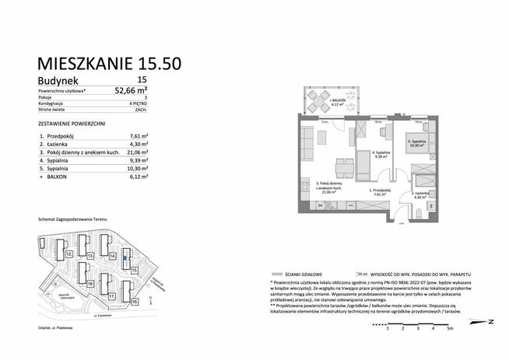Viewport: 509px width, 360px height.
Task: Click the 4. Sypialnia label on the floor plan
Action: (381, 154)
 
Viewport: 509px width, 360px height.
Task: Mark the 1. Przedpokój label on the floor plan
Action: (380, 191)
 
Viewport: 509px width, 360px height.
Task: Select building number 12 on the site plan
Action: (69, 253)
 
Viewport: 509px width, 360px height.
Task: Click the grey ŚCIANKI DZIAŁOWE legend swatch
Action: (276, 273)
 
